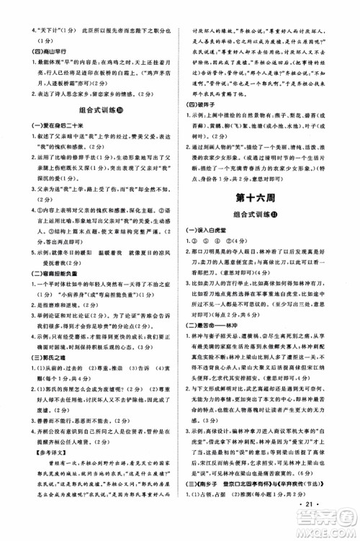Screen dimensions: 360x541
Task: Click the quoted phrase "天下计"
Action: (x=33, y=10)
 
